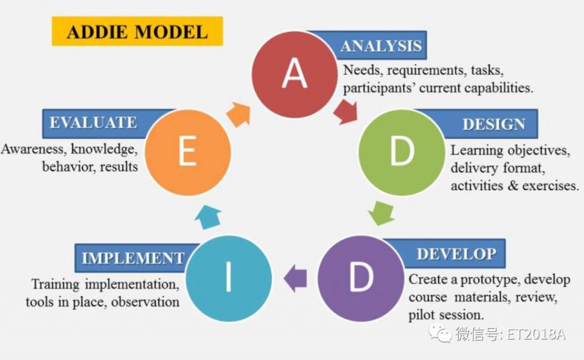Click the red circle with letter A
point(295,75)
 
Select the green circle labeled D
point(402,152)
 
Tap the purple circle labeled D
point(361,278)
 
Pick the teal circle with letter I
point(229,278)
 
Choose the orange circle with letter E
point(188,152)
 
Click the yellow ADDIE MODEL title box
point(137,31)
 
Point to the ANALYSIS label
point(381,46)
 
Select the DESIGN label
point(494,124)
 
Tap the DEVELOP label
point(456,254)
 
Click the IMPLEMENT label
point(133,258)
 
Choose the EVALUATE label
point(93,123)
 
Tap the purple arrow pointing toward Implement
point(295,278)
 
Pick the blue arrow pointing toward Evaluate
point(208,217)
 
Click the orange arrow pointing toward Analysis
point(239,114)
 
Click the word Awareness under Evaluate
point(33,149)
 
